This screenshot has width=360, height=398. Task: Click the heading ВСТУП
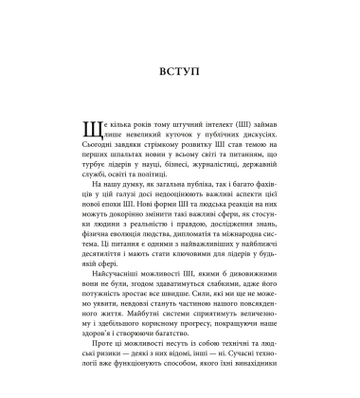180,70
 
